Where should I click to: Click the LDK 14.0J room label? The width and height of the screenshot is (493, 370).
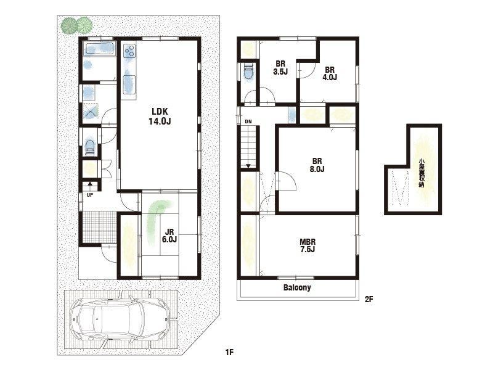pyautogui.click(x=160, y=117)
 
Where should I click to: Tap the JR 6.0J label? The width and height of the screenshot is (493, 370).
pyautogui.click(x=169, y=236)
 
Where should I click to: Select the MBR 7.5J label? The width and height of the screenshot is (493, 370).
pyautogui.click(x=307, y=245)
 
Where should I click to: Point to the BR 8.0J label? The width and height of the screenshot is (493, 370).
pyautogui.click(x=317, y=165)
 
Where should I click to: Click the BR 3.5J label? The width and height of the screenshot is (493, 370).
pyautogui.click(x=280, y=68)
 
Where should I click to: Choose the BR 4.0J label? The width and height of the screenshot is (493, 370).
pyautogui.click(x=330, y=73)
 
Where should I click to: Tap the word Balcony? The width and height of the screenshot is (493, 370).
pyautogui.click(x=297, y=287)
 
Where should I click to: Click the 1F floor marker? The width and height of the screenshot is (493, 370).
pyautogui.click(x=229, y=351)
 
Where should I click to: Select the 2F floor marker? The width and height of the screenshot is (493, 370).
pyautogui.click(x=369, y=299)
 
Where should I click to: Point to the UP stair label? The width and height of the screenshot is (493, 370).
pyautogui.click(x=90, y=195)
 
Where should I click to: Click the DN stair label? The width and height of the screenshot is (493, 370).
pyautogui.click(x=248, y=121)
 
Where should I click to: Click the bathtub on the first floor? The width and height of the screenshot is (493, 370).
pyautogui.click(x=99, y=49)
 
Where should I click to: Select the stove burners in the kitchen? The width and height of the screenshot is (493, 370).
pyautogui.click(x=129, y=51)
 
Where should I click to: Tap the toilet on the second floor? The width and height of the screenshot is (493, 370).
pyautogui.click(x=248, y=72)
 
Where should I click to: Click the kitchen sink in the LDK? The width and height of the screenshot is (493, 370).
pyautogui.click(x=129, y=84)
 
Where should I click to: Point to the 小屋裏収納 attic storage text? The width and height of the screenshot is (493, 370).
pyautogui.click(x=422, y=173)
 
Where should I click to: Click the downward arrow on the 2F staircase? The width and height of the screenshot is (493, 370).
pyautogui.click(x=248, y=165)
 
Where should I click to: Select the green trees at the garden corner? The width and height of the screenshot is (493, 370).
pyautogui.click(x=76, y=25)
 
